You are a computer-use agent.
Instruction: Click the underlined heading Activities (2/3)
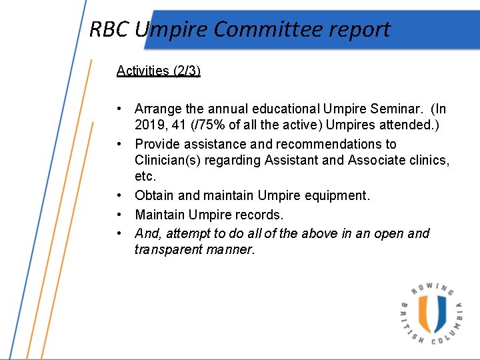pos(158,71)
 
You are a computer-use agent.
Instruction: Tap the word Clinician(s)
pos(169,160)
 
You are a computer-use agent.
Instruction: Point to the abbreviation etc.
pos(145,176)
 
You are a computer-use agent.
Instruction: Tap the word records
pos(261,215)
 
